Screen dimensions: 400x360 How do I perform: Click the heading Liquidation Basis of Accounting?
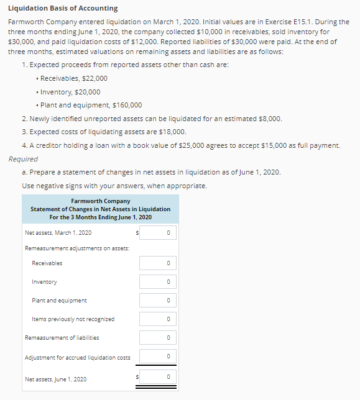(x=63, y=8)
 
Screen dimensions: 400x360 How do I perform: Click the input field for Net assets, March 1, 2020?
(x=158, y=233)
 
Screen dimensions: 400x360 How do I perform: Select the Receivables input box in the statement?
(x=158, y=263)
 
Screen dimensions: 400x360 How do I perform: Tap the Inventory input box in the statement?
(x=158, y=282)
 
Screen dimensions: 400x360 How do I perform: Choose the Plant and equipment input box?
(x=158, y=301)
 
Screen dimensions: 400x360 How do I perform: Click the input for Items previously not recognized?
(x=158, y=319)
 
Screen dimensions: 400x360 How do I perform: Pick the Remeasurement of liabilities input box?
(x=158, y=338)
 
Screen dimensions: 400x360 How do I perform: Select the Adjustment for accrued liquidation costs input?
(x=158, y=357)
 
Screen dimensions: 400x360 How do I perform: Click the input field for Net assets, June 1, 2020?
(x=158, y=377)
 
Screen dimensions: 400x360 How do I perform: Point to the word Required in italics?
(x=23, y=159)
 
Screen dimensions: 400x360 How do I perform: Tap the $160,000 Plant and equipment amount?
(x=127, y=105)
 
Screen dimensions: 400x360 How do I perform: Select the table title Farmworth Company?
(x=100, y=201)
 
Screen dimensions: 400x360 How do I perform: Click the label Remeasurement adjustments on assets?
(x=77, y=248)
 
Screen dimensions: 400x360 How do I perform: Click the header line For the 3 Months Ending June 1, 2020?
(x=100, y=217)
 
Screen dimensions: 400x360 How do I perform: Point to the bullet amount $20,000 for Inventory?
(x=88, y=92)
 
